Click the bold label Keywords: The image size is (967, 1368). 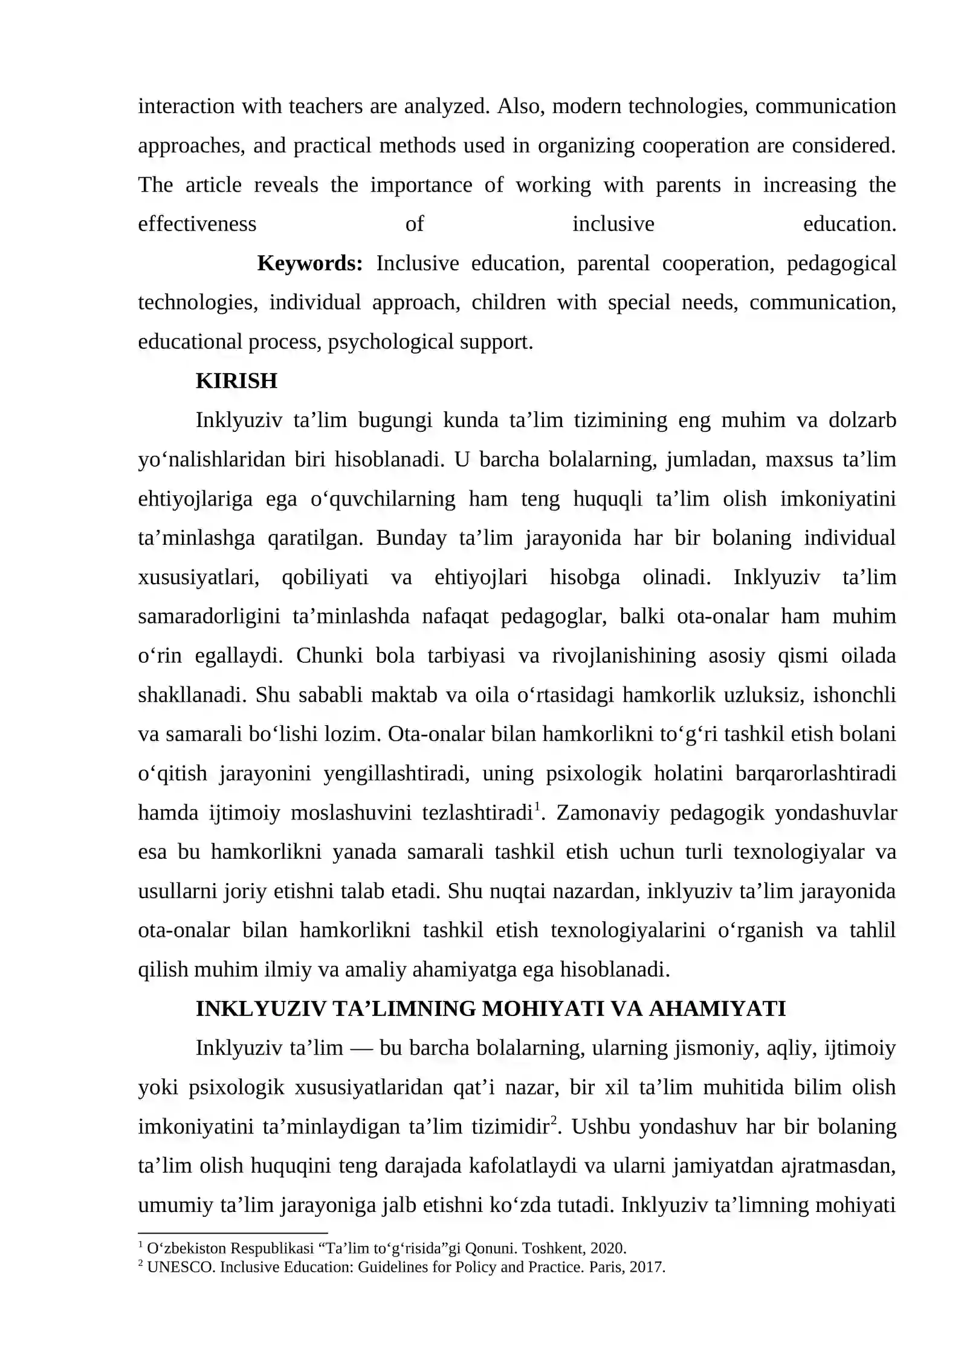click(309, 264)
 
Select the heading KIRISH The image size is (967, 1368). click(236, 381)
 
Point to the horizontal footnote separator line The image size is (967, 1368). click(233, 1233)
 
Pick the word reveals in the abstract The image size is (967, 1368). click(286, 185)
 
